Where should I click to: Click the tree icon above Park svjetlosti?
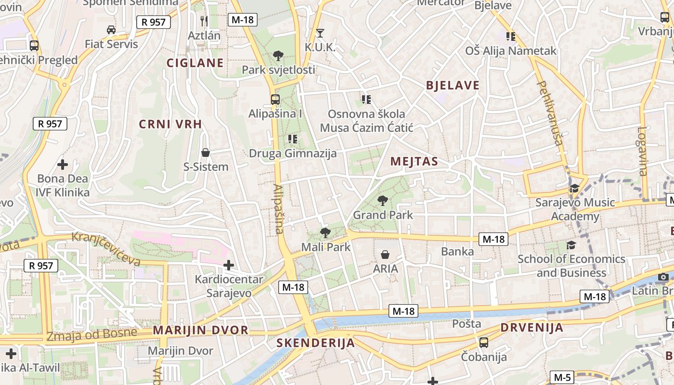pyautogui.click(x=278, y=56)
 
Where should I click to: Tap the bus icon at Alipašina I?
pyautogui.click(x=275, y=100)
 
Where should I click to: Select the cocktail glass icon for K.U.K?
pyautogui.click(x=320, y=33)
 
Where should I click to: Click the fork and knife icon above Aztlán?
pyautogui.click(x=204, y=21)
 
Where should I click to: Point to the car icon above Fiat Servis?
pyautogui.click(x=111, y=30)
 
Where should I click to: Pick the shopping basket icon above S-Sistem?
pyautogui.click(x=206, y=153)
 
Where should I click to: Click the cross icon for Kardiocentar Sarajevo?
pyautogui.click(x=229, y=265)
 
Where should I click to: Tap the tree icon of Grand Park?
pyautogui.click(x=383, y=200)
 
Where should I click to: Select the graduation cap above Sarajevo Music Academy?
pyautogui.click(x=574, y=188)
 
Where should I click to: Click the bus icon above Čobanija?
pyautogui.click(x=484, y=342)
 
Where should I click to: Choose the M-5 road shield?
pyautogui.click(x=562, y=377)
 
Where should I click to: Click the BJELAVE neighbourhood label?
pyautogui.click(x=453, y=86)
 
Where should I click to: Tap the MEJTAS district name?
pyautogui.click(x=414, y=161)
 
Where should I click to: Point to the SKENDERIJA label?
pyautogui.click(x=315, y=343)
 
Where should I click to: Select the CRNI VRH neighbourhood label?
pyautogui.click(x=170, y=124)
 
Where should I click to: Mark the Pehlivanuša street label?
pyautogui.click(x=550, y=113)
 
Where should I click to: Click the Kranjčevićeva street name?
pyautogui.click(x=106, y=248)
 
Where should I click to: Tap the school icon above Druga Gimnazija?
pyautogui.click(x=292, y=139)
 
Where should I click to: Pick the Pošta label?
pyautogui.click(x=467, y=323)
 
